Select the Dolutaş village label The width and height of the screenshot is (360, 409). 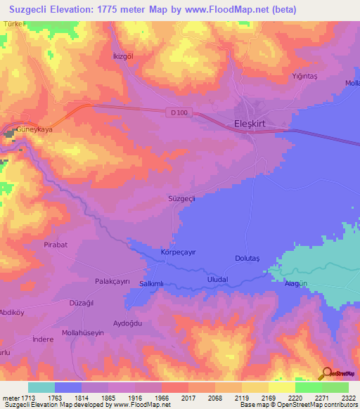click(x=247, y=259)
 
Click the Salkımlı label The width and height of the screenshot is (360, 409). click(x=151, y=283)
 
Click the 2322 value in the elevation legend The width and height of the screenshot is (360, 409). click(x=347, y=398)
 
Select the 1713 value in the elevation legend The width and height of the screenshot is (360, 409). click(x=27, y=398)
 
